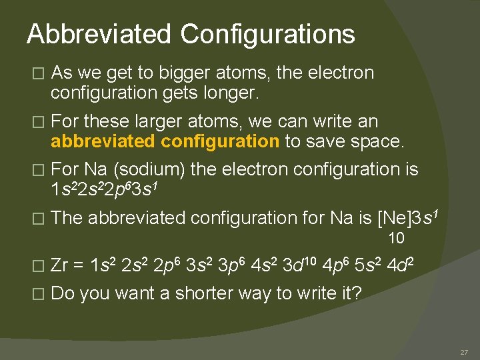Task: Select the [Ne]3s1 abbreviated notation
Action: pos(407,217)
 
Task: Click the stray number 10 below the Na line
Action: pos(396,238)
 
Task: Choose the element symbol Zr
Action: pos(61,267)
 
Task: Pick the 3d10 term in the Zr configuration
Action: pos(296,266)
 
